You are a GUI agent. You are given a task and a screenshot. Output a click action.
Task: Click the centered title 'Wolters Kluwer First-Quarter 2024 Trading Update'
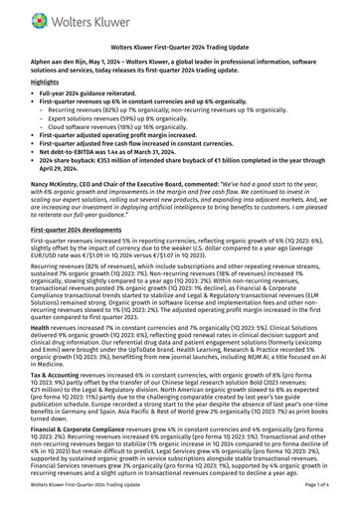(180, 47)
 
